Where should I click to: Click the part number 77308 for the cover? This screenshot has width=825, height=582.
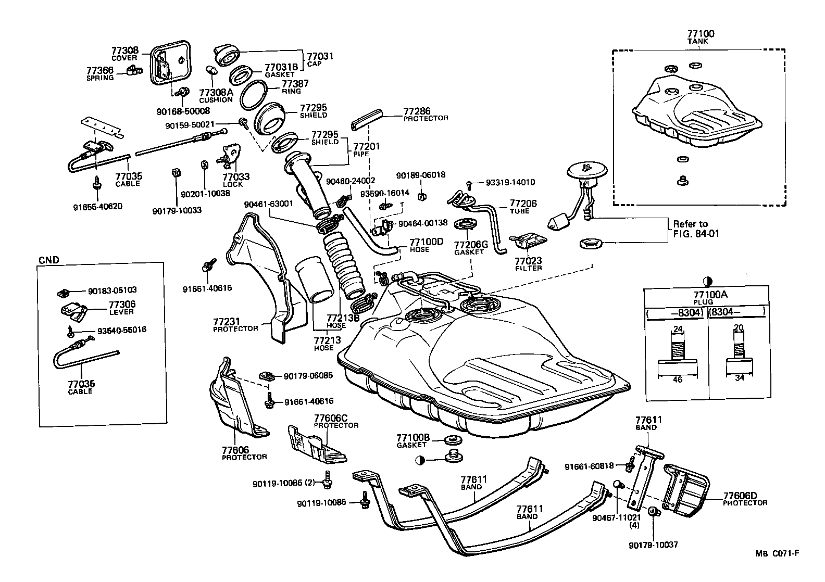tap(124, 50)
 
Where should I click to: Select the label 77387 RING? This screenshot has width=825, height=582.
tap(295, 86)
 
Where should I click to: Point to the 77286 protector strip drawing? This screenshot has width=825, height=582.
tap(367, 120)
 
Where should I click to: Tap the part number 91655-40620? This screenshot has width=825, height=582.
tap(98, 206)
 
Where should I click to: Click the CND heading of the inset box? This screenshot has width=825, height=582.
tap(49, 260)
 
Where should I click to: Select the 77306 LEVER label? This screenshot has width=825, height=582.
tap(122, 307)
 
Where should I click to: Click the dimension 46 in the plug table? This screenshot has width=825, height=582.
tap(678, 380)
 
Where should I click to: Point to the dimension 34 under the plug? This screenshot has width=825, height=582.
tap(740, 378)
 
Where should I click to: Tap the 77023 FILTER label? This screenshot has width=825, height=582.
tap(528, 263)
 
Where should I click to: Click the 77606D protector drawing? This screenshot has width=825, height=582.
tap(686, 489)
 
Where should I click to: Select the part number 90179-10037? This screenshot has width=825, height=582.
tap(653, 545)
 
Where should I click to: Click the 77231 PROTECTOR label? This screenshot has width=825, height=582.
tap(235, 325)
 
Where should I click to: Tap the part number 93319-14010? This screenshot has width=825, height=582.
tap(510, 183)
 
